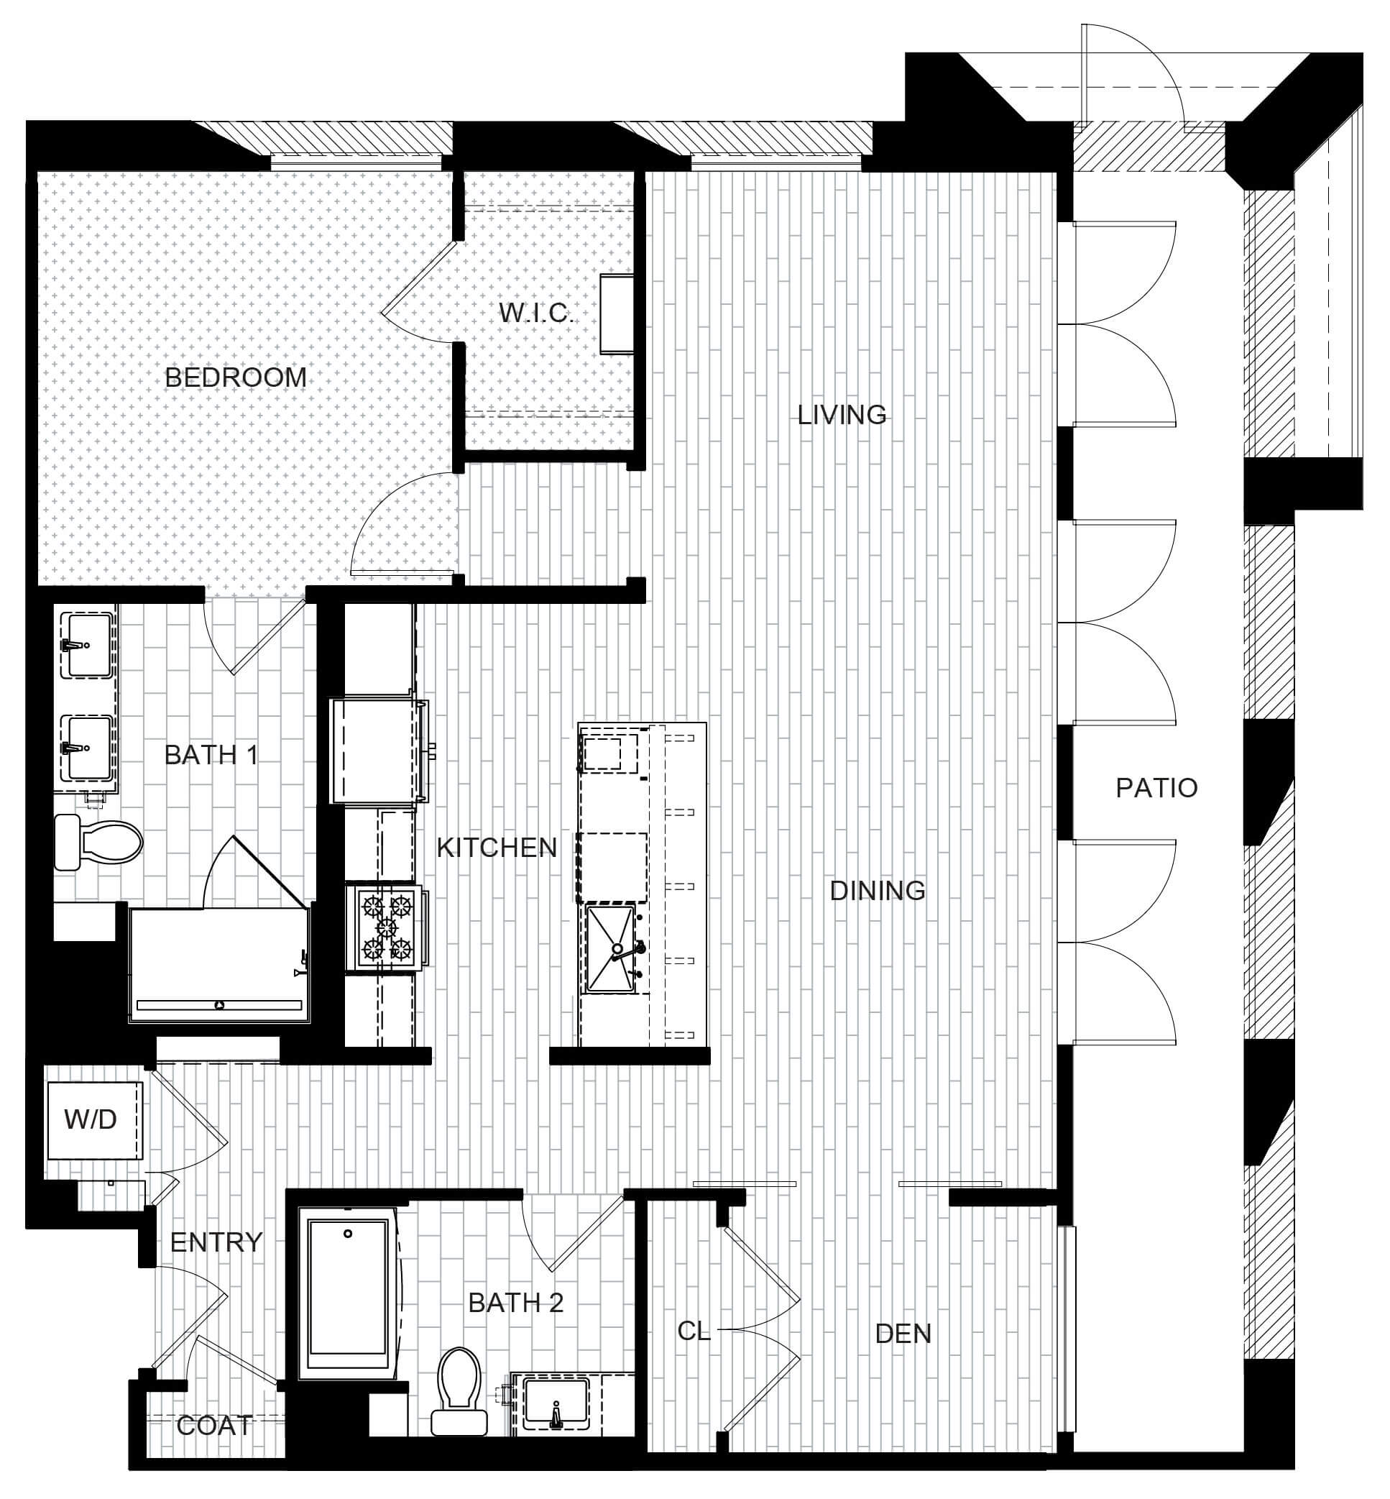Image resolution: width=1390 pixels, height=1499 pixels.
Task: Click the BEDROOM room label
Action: point(236,377)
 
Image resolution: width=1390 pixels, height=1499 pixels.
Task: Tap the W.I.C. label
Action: point(536,313)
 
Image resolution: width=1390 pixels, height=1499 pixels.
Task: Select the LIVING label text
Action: point(842,415)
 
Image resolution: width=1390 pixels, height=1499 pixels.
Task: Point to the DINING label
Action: point(877,890)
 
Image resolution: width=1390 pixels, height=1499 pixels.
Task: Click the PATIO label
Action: point(1157,788)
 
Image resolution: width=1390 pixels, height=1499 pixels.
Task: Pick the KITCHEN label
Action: point(497,848)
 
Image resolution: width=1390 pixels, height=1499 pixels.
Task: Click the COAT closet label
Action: point(214,1426)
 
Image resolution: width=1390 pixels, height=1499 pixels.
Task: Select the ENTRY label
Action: point(216,1242)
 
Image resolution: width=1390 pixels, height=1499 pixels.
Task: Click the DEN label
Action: point(903,1334)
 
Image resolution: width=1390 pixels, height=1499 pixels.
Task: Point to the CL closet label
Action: point(694,1331)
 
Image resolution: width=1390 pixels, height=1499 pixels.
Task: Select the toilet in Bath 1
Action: point(98,842)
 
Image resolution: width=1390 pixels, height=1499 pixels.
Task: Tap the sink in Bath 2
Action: point(556,1403)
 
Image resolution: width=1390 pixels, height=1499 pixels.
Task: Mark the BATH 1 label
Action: point(211,755)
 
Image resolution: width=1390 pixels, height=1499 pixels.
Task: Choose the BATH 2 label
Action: point(515,1303)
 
